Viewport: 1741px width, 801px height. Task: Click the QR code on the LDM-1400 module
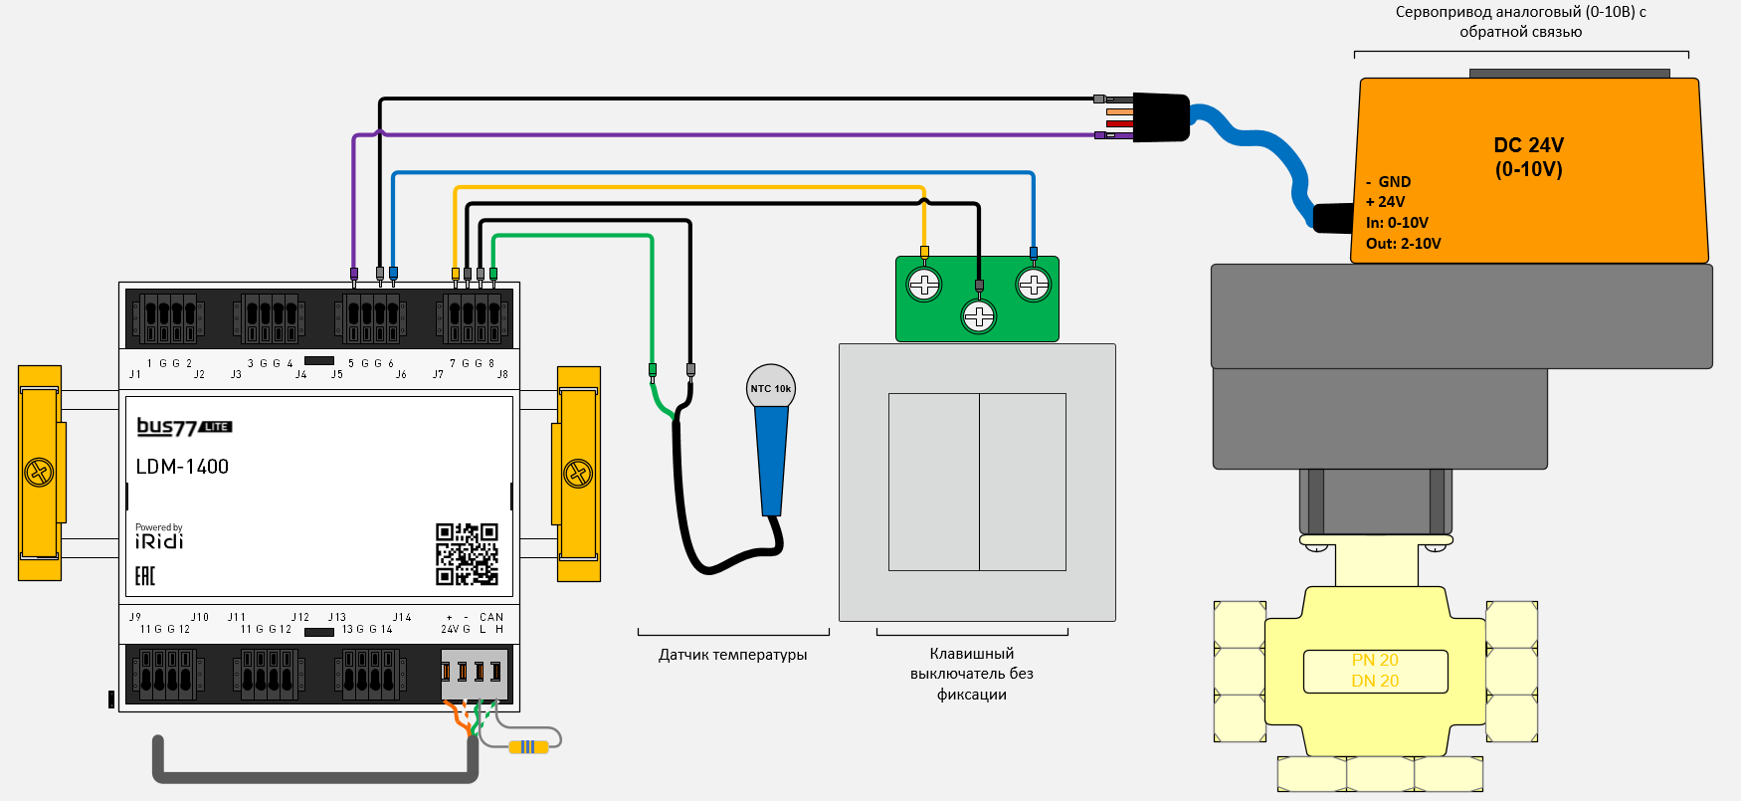467,554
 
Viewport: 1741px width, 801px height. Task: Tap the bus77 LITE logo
184,427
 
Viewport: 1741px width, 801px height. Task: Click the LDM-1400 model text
182,467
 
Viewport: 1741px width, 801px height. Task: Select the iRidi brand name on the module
159,541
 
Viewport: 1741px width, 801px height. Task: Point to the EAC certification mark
145,576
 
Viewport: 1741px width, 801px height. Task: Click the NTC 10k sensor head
771,388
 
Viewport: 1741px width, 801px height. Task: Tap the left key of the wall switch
933,482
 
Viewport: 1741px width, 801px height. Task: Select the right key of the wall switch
1023,482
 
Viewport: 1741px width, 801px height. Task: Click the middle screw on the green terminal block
979,316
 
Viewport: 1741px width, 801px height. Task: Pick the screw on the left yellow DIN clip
39,472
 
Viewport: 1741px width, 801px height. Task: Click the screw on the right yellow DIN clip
578,473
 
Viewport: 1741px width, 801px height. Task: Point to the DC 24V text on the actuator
1528,145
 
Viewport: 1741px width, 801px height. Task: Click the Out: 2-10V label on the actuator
1403,244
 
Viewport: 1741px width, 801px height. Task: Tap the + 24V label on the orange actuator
1386,202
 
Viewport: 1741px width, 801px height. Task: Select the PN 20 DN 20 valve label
1375,671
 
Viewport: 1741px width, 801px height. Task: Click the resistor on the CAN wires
528,747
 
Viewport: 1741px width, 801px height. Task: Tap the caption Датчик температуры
732,655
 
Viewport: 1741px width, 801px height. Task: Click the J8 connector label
502,375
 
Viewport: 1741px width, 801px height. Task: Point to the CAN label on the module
491,618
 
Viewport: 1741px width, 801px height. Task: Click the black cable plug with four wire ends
1160,117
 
